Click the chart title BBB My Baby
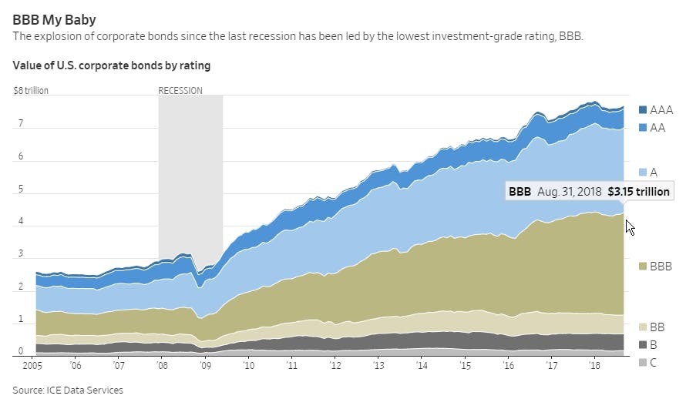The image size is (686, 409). [x=54, y=19]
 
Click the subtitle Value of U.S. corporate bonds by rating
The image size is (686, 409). [x=112, y=65]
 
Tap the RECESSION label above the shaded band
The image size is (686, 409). [x=180, y=90]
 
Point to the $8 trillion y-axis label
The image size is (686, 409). [x=31, y=90]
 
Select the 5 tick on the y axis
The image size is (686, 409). [x=21, y=189]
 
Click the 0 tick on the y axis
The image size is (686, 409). [x=21, y=352]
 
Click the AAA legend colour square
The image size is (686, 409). [x=643, y=110]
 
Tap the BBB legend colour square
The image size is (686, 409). [x=643, y=267]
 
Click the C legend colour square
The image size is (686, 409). [x=643, y=362]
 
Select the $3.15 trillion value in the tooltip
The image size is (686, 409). [x=638, y=192]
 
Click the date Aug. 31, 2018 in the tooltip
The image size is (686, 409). [x=569, y=192]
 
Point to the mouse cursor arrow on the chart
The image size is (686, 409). [x=630, y=227]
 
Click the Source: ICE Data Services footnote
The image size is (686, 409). [x=68, y=391]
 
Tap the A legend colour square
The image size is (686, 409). [x=643, y=172]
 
